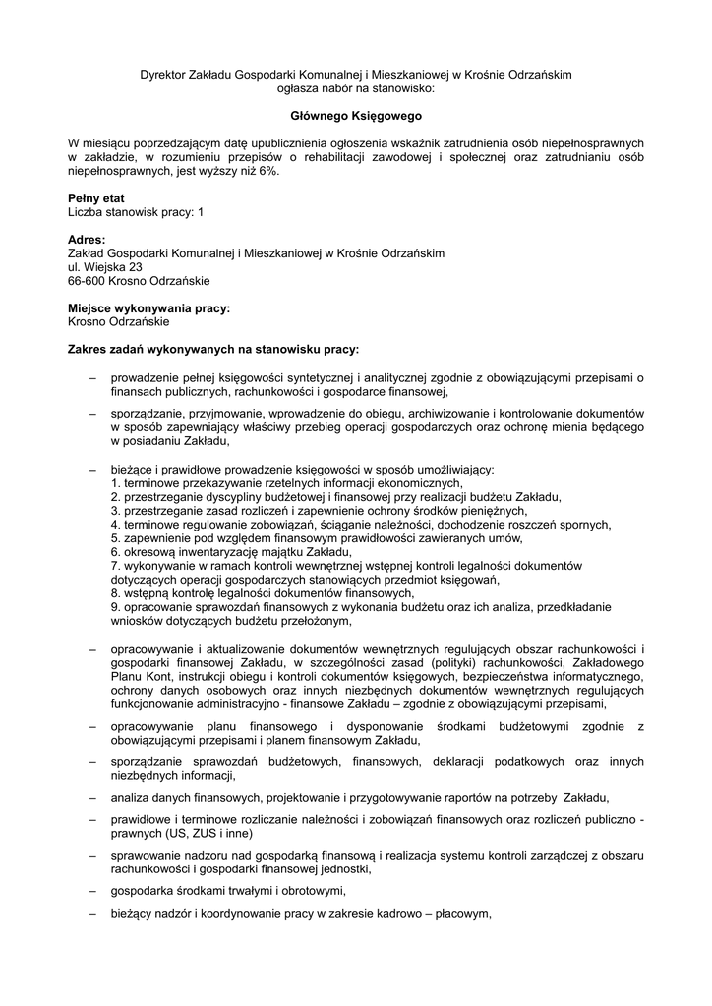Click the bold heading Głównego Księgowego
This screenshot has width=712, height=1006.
[355, 116]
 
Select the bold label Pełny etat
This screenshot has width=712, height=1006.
[95, 198]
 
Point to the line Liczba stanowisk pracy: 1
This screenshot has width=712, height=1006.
[136, 211]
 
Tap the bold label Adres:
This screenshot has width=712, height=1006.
[87, 240]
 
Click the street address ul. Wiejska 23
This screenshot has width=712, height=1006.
[105, 266]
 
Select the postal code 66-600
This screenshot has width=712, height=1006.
[87, 280]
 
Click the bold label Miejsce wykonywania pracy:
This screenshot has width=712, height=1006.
[148, 307]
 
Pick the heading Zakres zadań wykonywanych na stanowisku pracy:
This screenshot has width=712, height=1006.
[213, 348]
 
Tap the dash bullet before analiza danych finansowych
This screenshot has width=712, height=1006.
[92, 795]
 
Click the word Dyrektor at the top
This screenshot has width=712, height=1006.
[162, 74]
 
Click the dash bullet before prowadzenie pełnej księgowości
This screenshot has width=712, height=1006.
[92, 376]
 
